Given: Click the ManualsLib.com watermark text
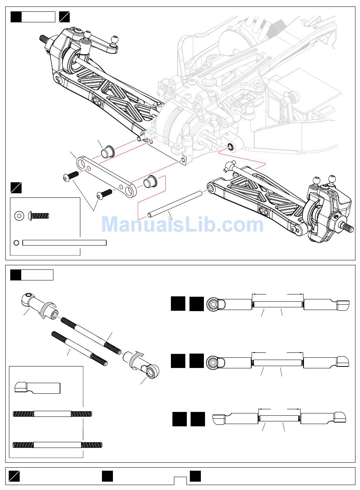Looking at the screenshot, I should (182, 224).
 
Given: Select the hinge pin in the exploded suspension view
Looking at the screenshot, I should (174, 204).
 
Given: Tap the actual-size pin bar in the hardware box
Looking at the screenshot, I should (64, 243).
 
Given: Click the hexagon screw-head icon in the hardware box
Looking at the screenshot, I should (18, 216).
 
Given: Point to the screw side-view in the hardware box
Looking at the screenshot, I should (39, 216).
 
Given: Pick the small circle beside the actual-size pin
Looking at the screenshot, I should (16, 243).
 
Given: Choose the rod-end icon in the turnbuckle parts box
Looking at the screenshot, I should (37, 388).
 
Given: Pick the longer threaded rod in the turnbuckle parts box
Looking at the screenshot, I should (58, 445).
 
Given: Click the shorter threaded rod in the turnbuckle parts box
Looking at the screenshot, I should (52, 414).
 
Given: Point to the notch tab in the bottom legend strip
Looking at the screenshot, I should (180, 481).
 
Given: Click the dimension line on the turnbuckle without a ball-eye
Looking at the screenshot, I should (279, 409).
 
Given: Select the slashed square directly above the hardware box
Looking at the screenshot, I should (16, 188).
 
